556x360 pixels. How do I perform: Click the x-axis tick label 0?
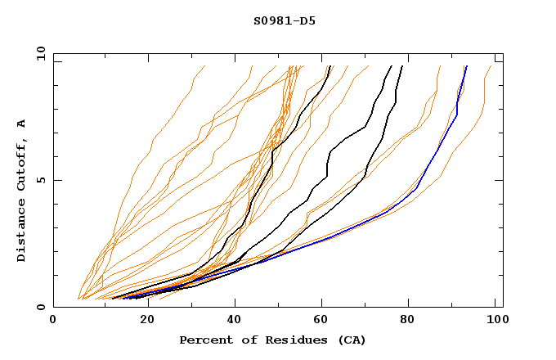(53, 320)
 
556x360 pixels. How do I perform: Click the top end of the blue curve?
(466, 66)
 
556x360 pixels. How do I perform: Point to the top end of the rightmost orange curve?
(491, 66)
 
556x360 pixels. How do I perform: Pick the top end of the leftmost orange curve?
(204, 66)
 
